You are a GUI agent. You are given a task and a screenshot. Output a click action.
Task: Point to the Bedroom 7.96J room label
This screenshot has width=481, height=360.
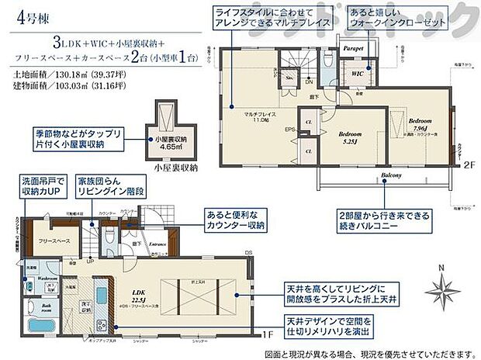click(420, 125)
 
